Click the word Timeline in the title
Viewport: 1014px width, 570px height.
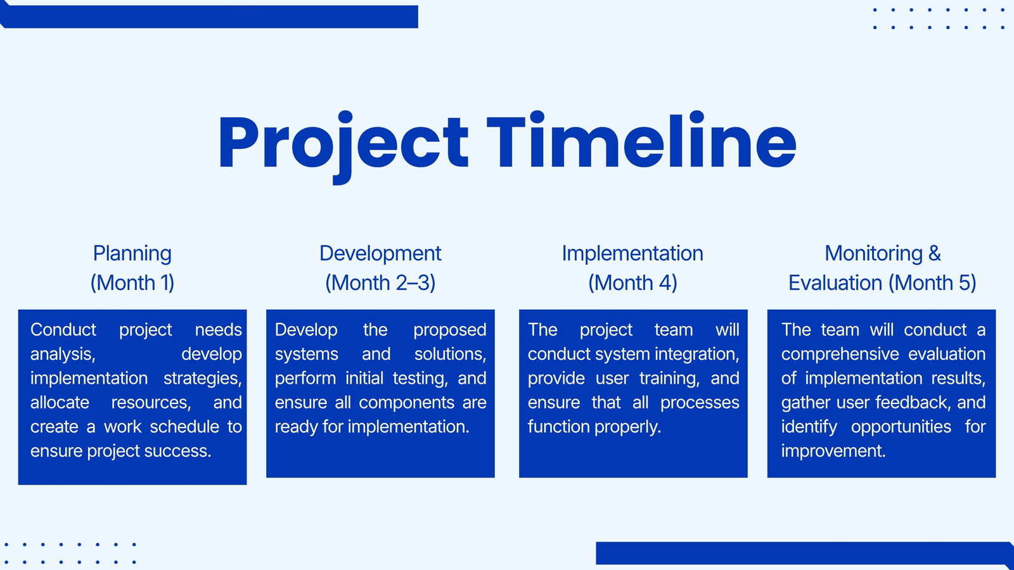tap(641, 141)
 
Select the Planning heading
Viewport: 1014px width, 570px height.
tap(132, 254)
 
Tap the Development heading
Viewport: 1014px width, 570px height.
tap(380, 254)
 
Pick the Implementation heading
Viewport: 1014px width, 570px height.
tap(632, 254)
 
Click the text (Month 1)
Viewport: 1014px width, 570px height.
tap(132, 283)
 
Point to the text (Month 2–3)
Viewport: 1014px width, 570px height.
tap(380, 283)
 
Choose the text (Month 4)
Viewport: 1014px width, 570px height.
tap(632, 283)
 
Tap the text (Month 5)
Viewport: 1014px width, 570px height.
tap(932, 283)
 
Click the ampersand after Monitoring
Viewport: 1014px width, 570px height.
tap(934, 253)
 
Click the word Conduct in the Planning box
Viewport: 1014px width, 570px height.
tap(63, 330)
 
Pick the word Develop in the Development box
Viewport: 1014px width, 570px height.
tap(306, 331)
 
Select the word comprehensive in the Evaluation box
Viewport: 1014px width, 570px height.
tap(840, 355)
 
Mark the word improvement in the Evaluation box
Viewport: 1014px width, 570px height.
tap(833, 452)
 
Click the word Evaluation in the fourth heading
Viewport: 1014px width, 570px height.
tap(835, 283)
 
